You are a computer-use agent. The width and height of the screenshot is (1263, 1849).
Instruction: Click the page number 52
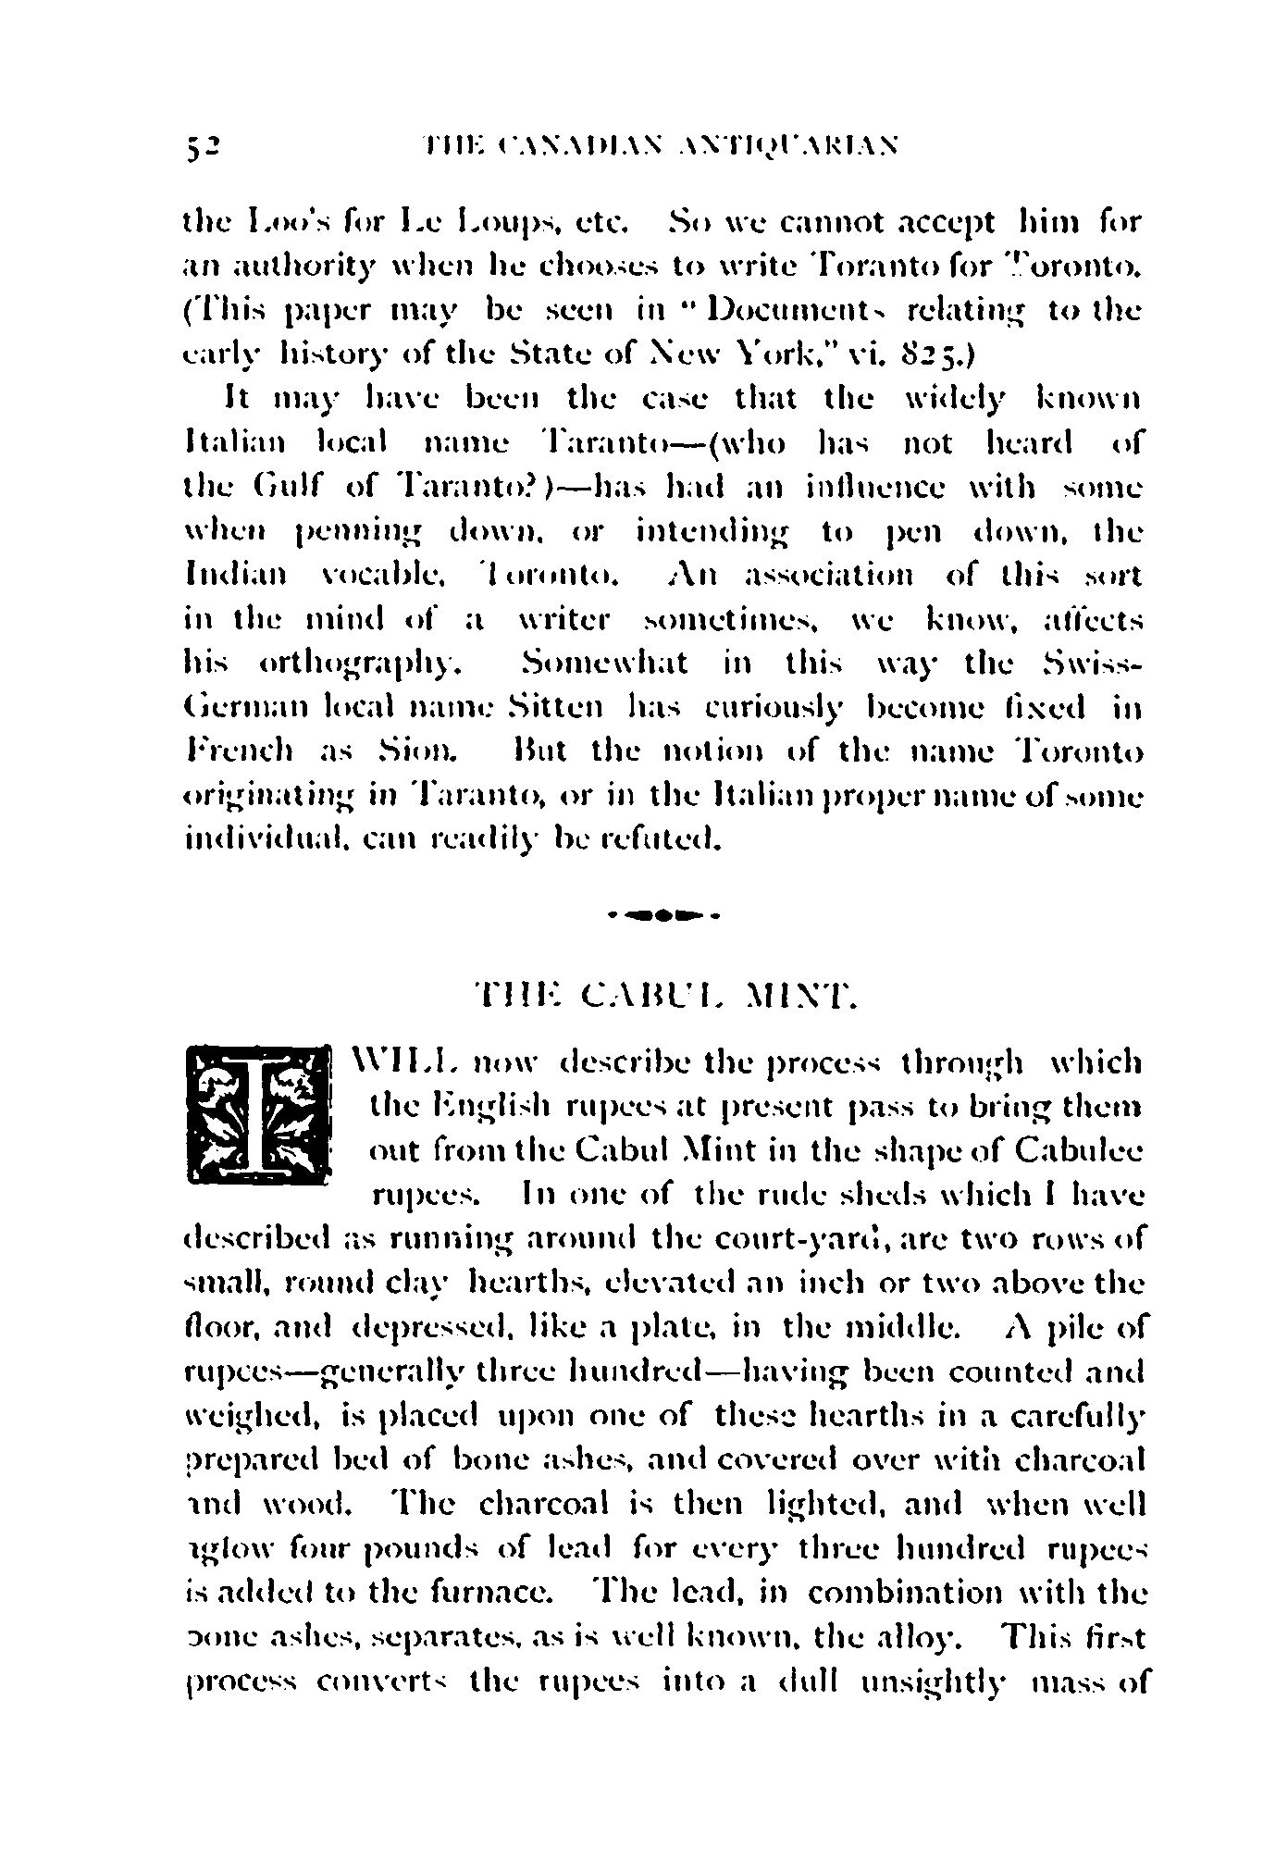pos(201,145)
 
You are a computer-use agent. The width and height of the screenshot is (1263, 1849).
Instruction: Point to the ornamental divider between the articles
pos(665,916)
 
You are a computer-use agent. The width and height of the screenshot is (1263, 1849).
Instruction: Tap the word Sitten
pos(558,709)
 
